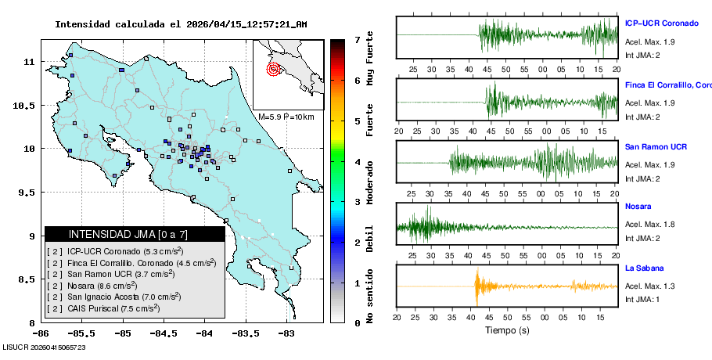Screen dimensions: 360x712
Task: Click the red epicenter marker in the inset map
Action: pyautogui.click(x=273, y=69)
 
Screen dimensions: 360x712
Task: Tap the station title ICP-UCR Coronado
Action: pyautogui.click(x=662, y=23)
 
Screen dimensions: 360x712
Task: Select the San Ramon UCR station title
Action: pyautogui.click(x=656, y=146)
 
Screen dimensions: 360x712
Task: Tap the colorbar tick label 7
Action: pyautogui.click(x=357, y=39)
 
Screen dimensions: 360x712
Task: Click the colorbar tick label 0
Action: pyautogui.click(x=357, y=322)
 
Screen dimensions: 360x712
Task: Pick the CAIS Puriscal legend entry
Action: pyautogui.click(x=104, y=308)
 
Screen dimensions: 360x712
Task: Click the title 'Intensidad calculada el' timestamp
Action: pyautogui.click(x=181, y=24)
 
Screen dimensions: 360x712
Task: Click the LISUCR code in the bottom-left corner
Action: pyautogui.click(x=44, y=347)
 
